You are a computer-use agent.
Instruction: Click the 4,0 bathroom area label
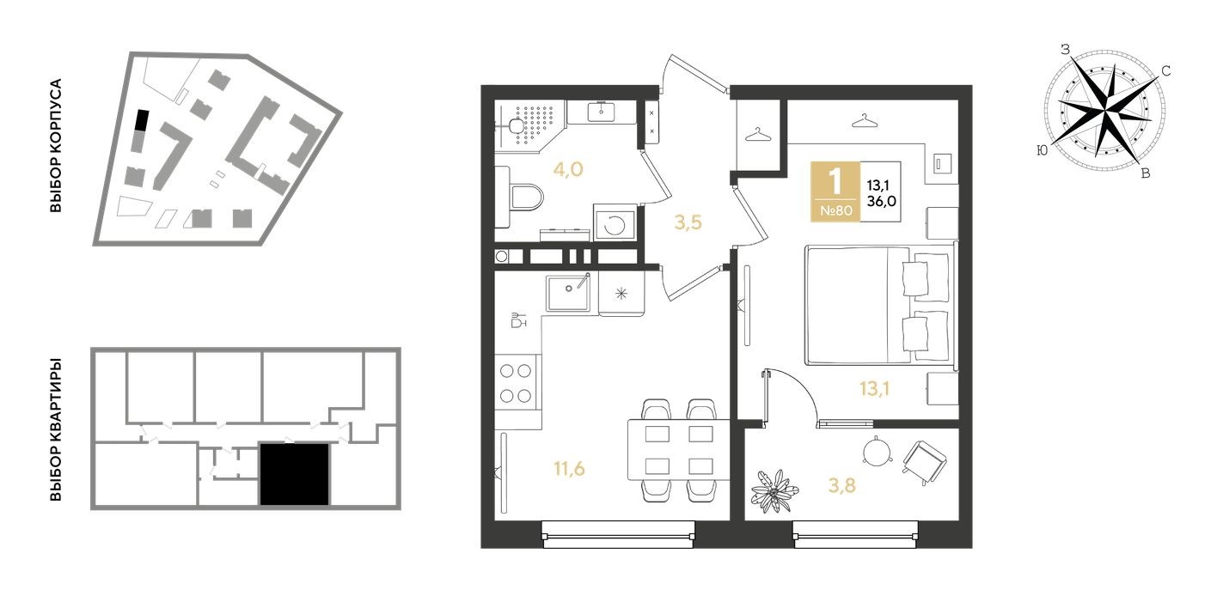click(567, 169)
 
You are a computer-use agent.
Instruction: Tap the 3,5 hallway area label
click(688, 223)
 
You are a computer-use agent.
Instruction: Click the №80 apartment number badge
click(835, 210)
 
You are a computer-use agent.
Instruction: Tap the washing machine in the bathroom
click(616, 225)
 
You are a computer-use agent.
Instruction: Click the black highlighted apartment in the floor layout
click(294, 474)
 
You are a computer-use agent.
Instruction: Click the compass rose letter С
click(1166, 71)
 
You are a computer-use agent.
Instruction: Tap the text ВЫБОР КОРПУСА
click(56, 147)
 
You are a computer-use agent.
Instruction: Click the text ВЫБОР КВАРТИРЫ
click(56, 429)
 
